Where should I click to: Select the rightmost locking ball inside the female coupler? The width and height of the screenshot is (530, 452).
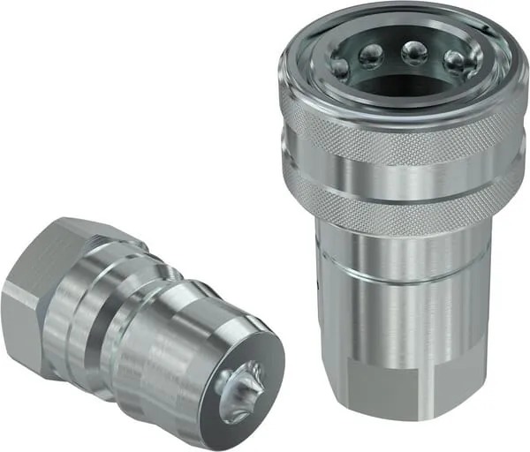click(454, 61)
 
